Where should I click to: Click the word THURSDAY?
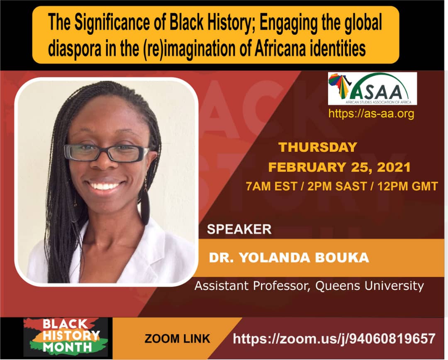click(318, 147)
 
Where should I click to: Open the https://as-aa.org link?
click(371, 113)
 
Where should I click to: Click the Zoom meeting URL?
click(334, 338)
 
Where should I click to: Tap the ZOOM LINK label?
click(177, 339)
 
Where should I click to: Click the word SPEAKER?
click(239, 229)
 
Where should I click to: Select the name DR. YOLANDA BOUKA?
click(289, 258)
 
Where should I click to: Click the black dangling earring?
click(145, 206)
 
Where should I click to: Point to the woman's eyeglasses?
click(107, 153)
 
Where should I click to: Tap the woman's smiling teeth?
click(106, 186)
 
